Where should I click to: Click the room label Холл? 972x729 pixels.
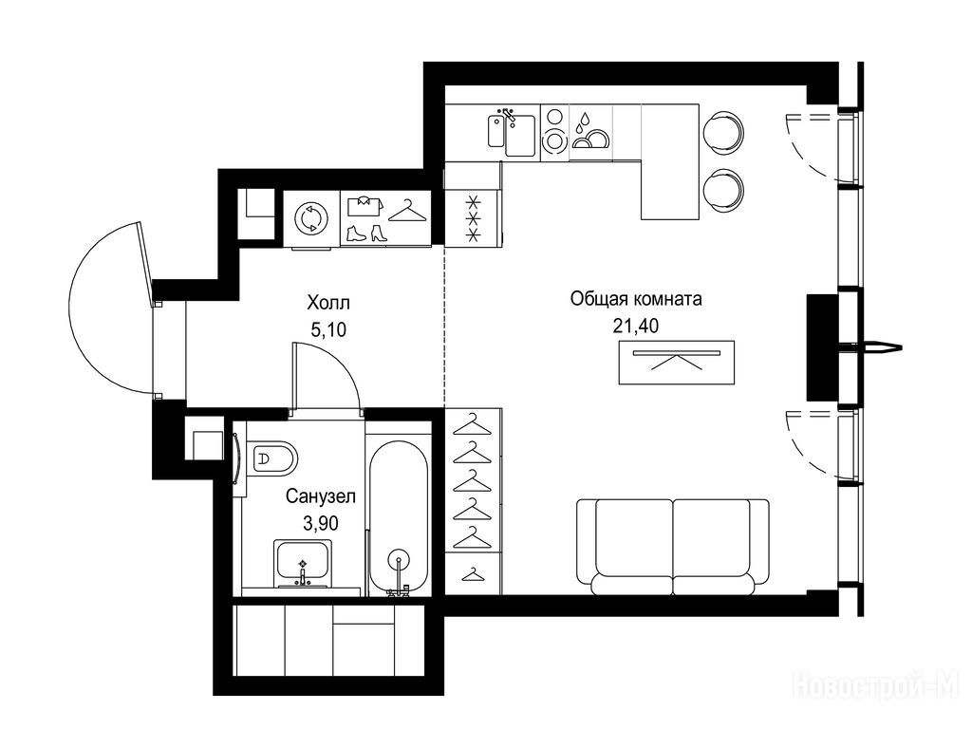pyautogui.click(x=328, y=303)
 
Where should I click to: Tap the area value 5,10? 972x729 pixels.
pyautogui.click(x=328, y=329)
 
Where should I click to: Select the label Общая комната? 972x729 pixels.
pyautogui.click(x=636, y=299)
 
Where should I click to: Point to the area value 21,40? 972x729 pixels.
pyautogui.click(x=636, y=326)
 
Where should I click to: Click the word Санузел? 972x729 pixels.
pyautogui.click(x=321, y=496)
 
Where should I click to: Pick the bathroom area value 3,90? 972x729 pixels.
pyautogui.click(x=321, y=524)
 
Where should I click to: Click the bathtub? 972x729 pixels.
pyautogui.click(x=399, y=517)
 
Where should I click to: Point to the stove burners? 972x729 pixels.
pyautogui.click(x=554, y=131)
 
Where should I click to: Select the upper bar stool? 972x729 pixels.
pyautogui.click(x=722, y=131)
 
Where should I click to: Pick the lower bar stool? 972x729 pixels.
pyautogui.click(x=722, y=190)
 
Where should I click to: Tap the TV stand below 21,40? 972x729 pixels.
pyautogui.click(x=677, y=362)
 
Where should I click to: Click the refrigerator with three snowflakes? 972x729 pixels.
pyautogui.click(x=473, y=218)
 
